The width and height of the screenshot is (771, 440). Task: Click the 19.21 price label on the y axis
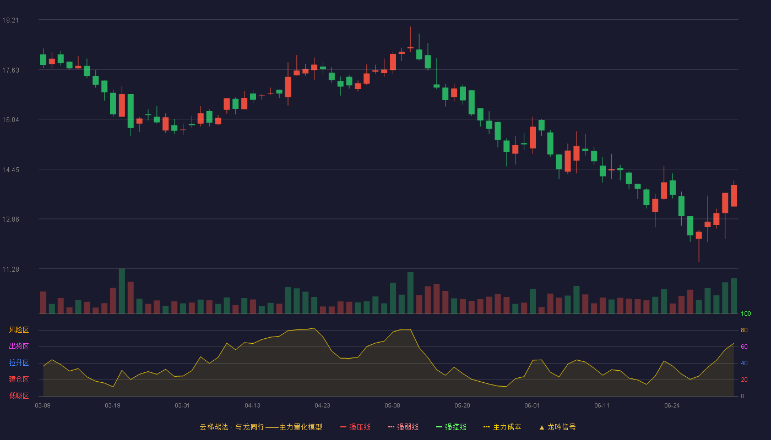pyautogui.click(x=10, y=20)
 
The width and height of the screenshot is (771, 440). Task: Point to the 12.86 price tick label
pyautogui.click(x=10, y=219)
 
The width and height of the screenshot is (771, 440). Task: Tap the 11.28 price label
pyautogui.click(x=10, y=269)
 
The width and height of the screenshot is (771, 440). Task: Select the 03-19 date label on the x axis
pyautogui.click(x=112, y=406)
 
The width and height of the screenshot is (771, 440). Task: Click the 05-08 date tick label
pyautogui.click(x=392, y=406)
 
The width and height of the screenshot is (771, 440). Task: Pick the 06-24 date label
pyautogui.click(x=672, y=406)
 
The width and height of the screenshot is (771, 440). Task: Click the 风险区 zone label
pyautogui.click(x=19, y=330)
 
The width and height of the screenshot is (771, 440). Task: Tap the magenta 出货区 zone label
pyautogui.click(x=19, y=346)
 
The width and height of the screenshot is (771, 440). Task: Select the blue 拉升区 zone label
pyautogui.click(x=19, y=362)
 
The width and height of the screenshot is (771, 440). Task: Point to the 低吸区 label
pyautogui.click(x=19, y=396)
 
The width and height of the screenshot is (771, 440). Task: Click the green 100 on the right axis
pyautogui.click(x=746, y=313)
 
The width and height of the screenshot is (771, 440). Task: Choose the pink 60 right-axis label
pyautogui.click(x=744, y=346)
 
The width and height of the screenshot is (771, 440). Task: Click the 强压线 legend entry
pyautogui.click(x=355, y=427)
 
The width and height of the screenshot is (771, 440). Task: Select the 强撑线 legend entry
pyautogui.click(x=451, y=427)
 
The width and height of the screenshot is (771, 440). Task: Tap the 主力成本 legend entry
pyautogui.click(x=502, y=427)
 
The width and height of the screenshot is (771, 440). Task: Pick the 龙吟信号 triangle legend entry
pyautogui.click(x=557, y=427)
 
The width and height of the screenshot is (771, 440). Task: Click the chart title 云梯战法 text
pyautogui.click(x=214, y=427)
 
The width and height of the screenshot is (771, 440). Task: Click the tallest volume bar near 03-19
pyautogui.click(x=122, y=291)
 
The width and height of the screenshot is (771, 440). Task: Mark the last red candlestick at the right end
pyautogui.click(x=734, y=195)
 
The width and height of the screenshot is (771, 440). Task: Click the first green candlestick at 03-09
pyautogui.click(x=43, y=59)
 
